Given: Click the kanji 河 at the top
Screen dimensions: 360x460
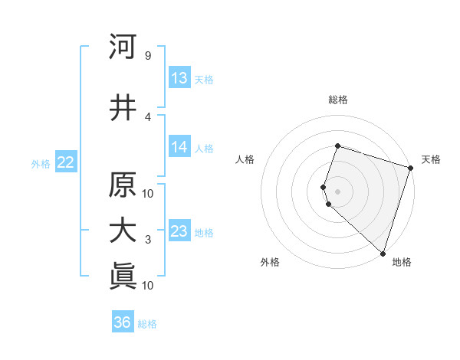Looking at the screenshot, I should click(123, 47).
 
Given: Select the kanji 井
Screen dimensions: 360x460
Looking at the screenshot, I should click(123, 108).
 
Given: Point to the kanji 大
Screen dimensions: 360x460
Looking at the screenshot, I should click(123, 231).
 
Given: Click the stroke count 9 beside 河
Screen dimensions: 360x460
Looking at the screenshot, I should click(147, 56).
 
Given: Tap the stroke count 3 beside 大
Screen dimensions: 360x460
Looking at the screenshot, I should click(147, 240).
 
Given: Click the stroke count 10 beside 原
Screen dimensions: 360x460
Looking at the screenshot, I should click(148, 192).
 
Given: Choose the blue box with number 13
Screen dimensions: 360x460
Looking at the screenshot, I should click(179, 78).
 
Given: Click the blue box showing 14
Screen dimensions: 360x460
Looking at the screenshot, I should click(179, 148).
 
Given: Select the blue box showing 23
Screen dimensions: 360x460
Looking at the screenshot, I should click(179, 231).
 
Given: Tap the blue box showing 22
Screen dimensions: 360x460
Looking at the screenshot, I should click(65, 162).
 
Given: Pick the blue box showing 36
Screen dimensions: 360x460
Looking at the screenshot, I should click(123, 322).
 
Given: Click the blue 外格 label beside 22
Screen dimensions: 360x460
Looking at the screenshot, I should click(41, 163).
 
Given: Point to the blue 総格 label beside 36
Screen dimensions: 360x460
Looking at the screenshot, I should click(147, 324).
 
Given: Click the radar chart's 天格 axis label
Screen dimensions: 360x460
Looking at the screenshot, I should click(431, 159).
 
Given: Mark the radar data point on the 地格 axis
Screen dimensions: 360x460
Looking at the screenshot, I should click(383, 253).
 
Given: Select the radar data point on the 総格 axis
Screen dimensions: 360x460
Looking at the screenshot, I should click(337, 146).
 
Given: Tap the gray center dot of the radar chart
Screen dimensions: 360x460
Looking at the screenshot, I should click(337, 191).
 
